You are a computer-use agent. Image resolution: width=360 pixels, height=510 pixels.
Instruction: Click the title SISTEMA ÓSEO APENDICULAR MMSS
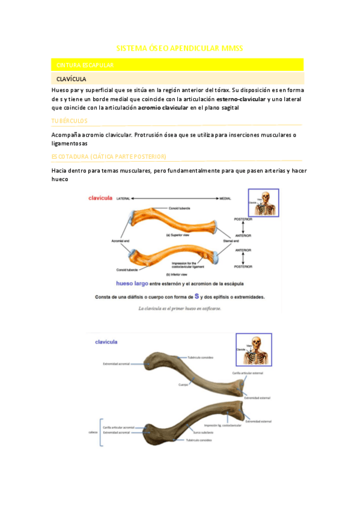(179, 48)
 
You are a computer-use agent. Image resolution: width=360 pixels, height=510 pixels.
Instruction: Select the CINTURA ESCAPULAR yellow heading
(85, 64)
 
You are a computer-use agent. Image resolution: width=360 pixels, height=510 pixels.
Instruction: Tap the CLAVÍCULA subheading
(71, 79)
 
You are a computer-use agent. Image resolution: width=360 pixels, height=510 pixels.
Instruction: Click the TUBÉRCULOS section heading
(70, 121)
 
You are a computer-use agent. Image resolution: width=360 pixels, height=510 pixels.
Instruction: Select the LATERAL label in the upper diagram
(123, 197)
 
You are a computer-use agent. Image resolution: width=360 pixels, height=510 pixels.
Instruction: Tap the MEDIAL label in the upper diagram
(225, 197)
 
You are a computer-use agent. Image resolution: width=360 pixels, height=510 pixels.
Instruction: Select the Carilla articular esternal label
(248, 372)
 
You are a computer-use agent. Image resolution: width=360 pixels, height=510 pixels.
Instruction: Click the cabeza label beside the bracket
(93, 431)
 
